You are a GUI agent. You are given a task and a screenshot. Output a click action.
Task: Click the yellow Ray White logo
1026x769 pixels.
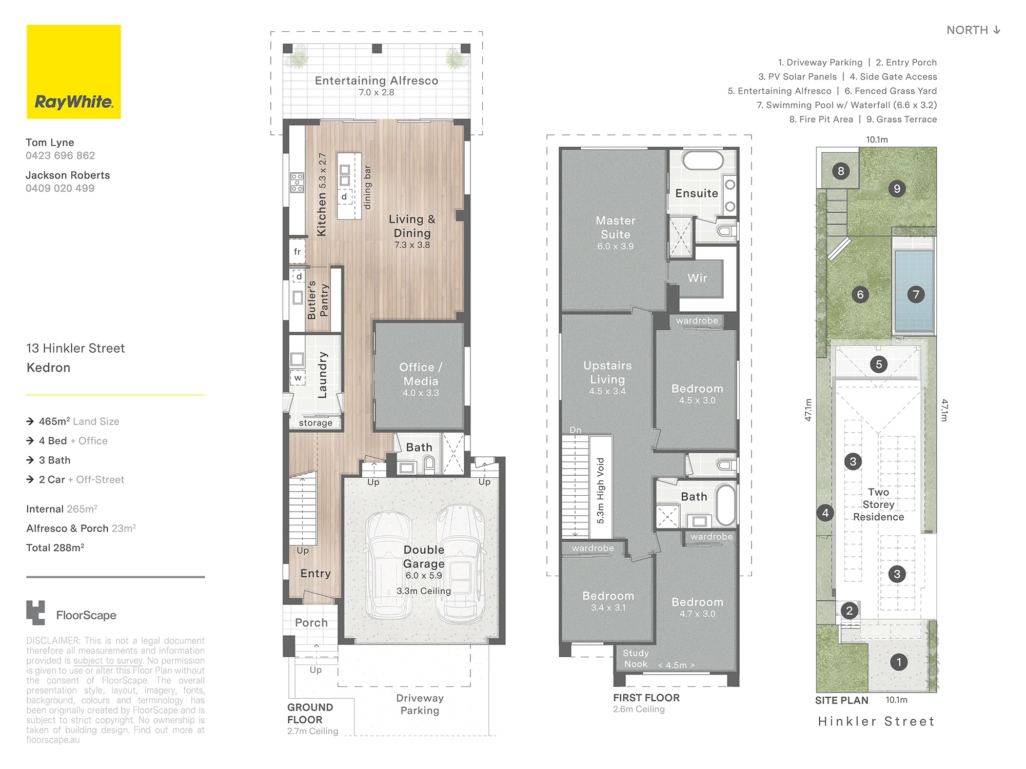[74, 72]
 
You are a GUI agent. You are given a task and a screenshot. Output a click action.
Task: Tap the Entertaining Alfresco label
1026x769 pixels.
[377, 80]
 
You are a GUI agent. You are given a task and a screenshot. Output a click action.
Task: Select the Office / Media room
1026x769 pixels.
[420, 376]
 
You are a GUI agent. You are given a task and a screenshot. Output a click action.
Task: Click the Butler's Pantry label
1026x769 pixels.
[318, 299]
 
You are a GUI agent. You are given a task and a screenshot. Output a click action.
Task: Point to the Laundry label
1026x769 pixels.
[322, 375]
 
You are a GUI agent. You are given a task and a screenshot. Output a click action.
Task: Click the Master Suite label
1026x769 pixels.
[616, 228]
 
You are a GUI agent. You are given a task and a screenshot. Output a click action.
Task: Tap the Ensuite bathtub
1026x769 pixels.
[703, 160]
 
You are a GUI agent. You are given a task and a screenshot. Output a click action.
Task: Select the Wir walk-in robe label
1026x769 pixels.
[697, 278]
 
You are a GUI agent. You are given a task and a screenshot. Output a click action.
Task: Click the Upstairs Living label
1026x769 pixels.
[607, 373]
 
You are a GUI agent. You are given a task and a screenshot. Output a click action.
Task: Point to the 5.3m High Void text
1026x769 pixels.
[601, 491]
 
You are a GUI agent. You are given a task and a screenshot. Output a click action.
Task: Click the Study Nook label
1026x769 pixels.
[636, 659]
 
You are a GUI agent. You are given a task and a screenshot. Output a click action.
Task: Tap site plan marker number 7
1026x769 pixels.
[916, 294]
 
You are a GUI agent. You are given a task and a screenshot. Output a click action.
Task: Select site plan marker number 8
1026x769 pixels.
[841, 171]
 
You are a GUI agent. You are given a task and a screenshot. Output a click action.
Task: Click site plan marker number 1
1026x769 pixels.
[898, 662]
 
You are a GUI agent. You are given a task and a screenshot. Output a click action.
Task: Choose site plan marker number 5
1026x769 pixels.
[879, 365]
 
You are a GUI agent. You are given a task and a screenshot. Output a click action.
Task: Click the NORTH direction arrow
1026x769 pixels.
[997, 30]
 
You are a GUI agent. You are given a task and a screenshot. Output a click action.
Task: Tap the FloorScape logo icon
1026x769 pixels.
[35, 613]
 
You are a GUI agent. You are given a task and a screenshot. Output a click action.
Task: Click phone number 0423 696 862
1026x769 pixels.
[61, 155]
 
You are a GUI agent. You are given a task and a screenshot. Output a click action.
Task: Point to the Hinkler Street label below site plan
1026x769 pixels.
[876, 721]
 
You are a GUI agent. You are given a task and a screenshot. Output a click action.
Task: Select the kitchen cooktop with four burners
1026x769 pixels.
[297, 183]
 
